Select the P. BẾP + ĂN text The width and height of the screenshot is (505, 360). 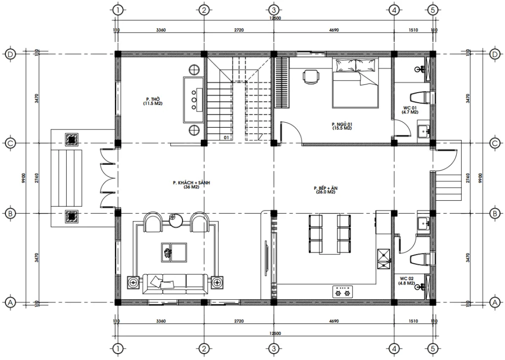pyautogui.click(x=325, y=190)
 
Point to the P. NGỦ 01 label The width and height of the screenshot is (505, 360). pyautogui.click(x=342, y=126)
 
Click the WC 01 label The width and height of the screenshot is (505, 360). pyautogui.click(x=410, y=109)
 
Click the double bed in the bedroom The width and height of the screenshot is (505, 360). pyautogui.click(x=356, y=82)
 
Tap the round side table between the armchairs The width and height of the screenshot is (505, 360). pyautogui.click(x=175, y=220)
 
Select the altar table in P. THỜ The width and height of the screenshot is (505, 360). pyautogui.click(x=194, y=99)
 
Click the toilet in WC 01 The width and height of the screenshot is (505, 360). pyautogui.click(x=423, y=97)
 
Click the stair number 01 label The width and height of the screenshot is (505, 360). pyautogui.click(x=226, y=138)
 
